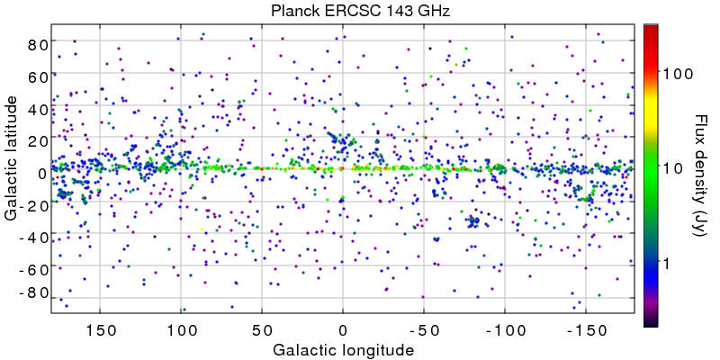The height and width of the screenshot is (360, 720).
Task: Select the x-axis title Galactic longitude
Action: pos(345,349)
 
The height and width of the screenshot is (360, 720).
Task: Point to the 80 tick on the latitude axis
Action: pos(36,44)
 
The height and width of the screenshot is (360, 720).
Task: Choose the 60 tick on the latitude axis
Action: pos(36,76)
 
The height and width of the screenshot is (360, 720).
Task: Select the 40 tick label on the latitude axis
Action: pos(36,109)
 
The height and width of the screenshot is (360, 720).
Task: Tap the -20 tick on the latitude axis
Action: pos(32,205)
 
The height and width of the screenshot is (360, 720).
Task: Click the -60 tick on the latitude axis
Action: pos(32,269)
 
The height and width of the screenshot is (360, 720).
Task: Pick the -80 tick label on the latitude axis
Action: pos(32,293)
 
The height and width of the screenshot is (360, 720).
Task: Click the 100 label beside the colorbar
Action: pos(679,74)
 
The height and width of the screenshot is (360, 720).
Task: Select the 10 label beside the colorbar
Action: pos(675,168)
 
